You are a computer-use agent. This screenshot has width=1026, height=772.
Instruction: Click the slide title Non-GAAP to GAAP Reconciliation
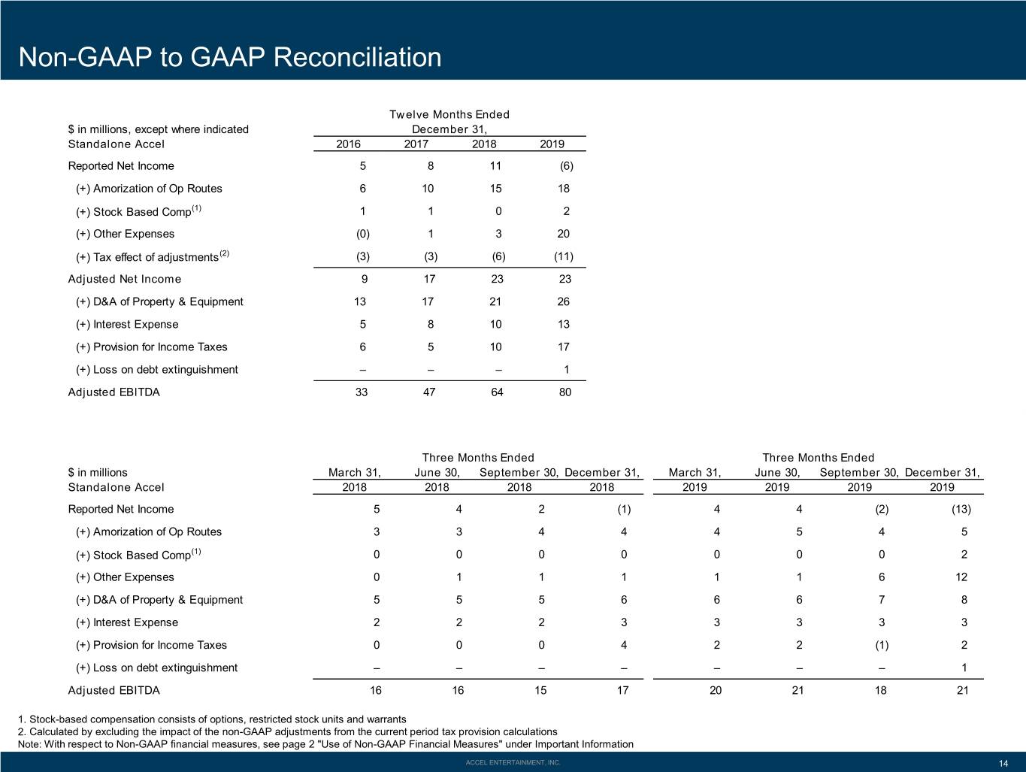pos(230,57)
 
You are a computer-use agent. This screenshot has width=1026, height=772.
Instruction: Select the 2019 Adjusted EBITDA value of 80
pos(564,392)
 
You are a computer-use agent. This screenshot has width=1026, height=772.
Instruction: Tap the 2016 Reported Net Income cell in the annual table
pos(363,166)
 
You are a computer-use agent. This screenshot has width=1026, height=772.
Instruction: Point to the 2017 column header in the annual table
pos(416,144)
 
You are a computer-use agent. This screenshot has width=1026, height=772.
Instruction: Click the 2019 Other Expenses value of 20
pos(563,234)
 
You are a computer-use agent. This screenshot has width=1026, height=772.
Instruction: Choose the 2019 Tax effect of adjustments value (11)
pos(563,256)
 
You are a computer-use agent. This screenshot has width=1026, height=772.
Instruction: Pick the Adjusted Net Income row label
pos(124,279)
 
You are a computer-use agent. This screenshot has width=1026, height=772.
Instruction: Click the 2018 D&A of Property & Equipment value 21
pos(495,302)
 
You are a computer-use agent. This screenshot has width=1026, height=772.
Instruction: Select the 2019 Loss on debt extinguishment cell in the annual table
pos(567,370)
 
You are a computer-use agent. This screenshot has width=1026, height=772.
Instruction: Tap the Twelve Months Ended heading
pos(449,114)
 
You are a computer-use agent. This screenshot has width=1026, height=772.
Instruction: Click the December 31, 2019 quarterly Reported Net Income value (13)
pos(961,510)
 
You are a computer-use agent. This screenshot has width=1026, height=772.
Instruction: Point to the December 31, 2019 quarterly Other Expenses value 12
pos(961,577)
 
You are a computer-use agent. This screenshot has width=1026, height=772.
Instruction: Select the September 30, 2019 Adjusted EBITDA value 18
pos(881,690)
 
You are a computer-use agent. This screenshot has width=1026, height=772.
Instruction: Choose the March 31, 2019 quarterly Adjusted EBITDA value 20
pos(716,690)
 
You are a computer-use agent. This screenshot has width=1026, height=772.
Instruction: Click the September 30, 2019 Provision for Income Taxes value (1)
pos(882,646)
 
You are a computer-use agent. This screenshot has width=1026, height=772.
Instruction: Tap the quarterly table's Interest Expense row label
pos(127,622)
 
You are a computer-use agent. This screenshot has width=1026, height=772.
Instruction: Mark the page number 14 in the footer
pos(1003,764)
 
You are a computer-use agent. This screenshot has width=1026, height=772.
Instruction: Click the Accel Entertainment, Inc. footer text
pos(513,763)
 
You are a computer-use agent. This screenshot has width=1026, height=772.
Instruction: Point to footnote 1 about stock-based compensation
pos(212,719)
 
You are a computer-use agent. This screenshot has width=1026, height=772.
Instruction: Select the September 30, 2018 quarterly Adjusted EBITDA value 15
pos(540,690)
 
